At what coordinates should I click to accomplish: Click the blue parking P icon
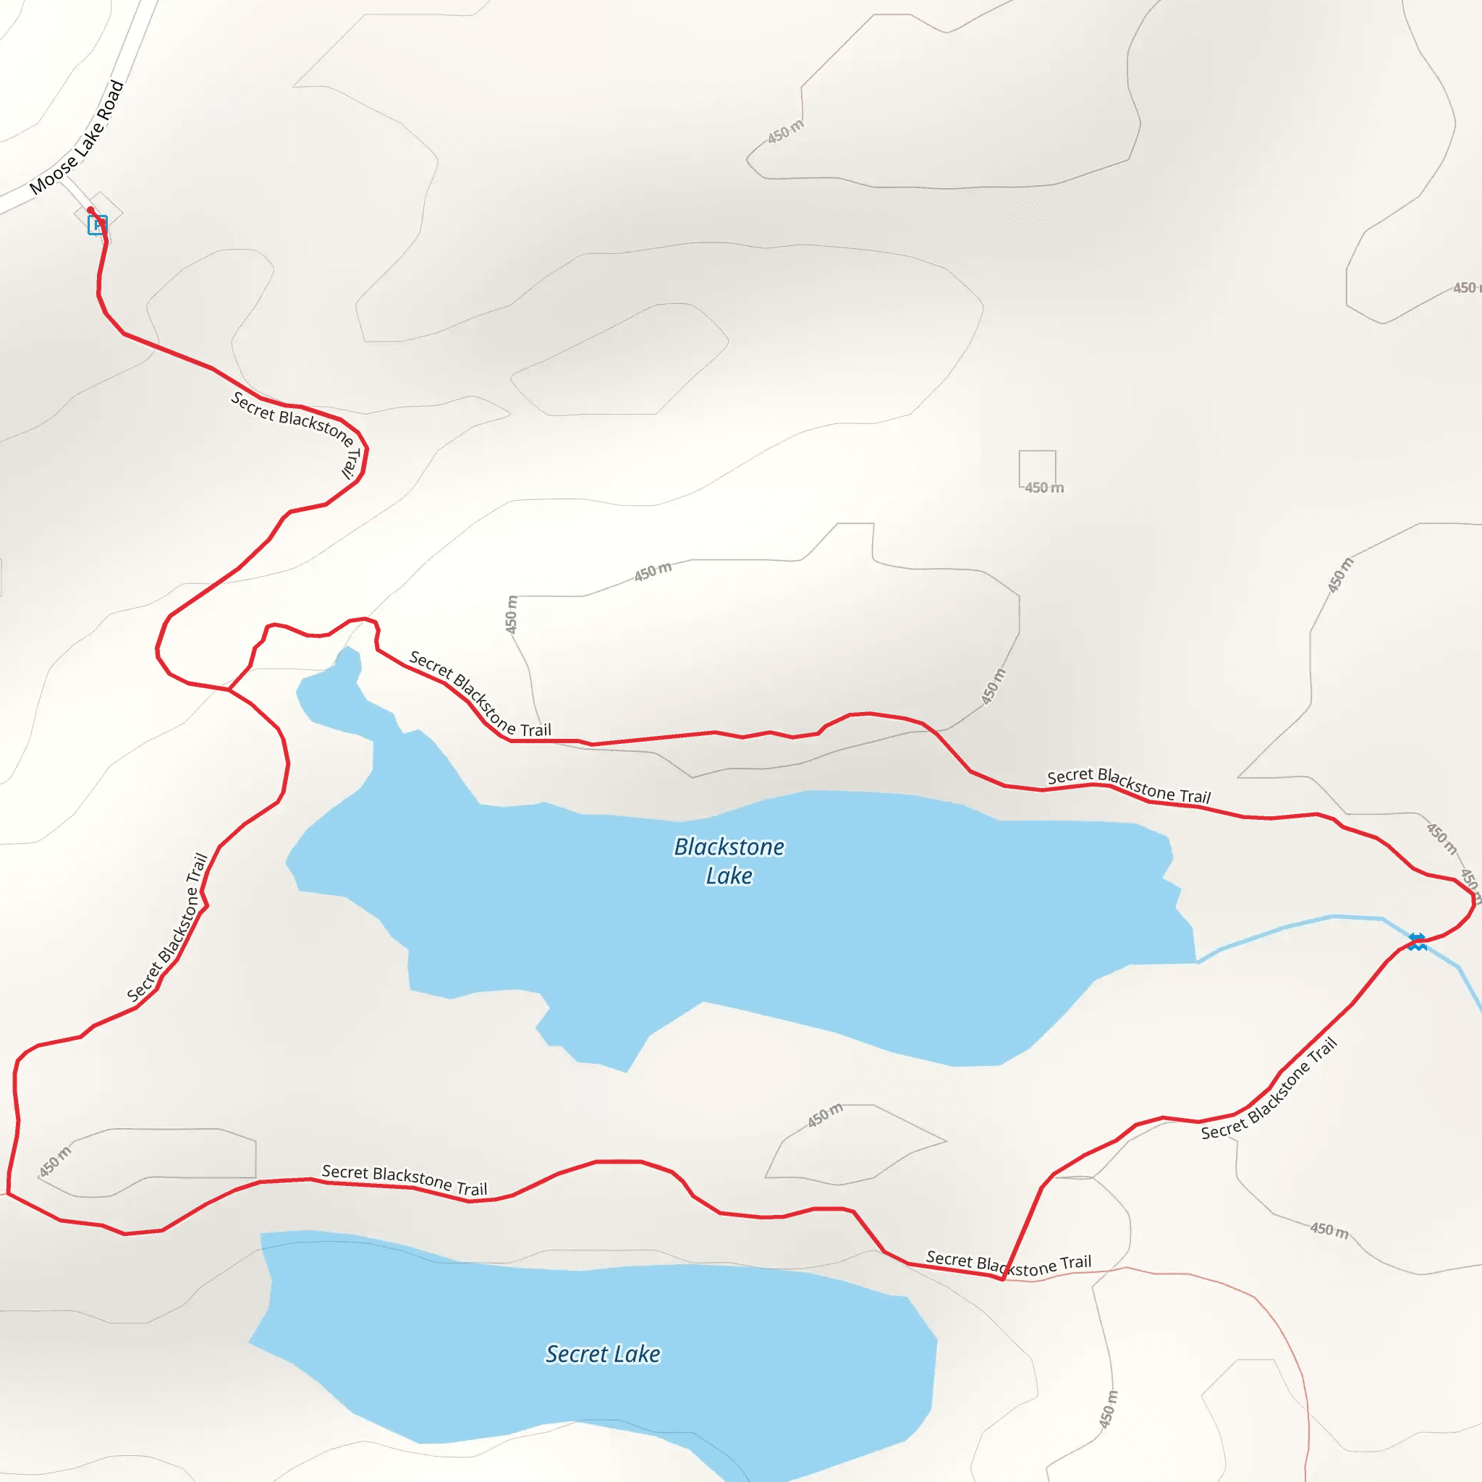(97, 225)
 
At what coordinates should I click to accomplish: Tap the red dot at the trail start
(90, 210)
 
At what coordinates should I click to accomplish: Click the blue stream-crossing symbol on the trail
(1417, 941)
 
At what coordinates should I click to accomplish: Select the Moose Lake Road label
(77, 138)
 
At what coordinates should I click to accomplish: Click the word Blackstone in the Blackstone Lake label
(729, 847)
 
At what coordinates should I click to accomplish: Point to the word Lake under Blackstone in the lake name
(729, 876)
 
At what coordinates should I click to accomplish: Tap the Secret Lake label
(603, 1354)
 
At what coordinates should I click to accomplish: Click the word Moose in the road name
(52, 174)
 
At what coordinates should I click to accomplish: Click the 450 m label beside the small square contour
(1044, 488)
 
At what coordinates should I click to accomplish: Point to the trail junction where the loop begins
(229, 690)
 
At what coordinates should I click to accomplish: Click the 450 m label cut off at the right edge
(1465, 288)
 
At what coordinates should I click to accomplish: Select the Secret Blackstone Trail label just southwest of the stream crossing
(1269, 1089)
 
